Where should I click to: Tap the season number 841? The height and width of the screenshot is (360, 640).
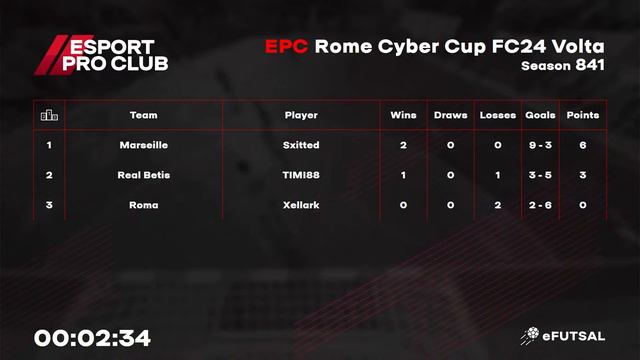588,65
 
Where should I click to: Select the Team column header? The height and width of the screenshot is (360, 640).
143,115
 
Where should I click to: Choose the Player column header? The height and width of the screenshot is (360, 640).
301,115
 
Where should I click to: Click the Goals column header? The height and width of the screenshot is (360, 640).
540,115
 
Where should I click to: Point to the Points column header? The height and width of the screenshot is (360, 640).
582,115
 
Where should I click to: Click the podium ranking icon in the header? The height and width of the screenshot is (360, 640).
49,115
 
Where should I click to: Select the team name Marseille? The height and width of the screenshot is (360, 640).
143,145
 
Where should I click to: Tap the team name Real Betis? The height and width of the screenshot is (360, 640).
143,175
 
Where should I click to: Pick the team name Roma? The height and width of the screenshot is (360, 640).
143,205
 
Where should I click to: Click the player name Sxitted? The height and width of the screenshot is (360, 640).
301,145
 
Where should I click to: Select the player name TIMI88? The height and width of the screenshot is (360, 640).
301,175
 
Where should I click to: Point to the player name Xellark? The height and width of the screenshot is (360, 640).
301,205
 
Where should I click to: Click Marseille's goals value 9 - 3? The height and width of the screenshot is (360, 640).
540,145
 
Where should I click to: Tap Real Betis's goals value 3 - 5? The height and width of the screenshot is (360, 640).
540,175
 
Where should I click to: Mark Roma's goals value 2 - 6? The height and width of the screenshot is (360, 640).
540,205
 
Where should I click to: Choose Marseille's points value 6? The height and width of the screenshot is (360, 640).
582,145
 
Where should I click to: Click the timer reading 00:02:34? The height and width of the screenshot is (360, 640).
92,338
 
